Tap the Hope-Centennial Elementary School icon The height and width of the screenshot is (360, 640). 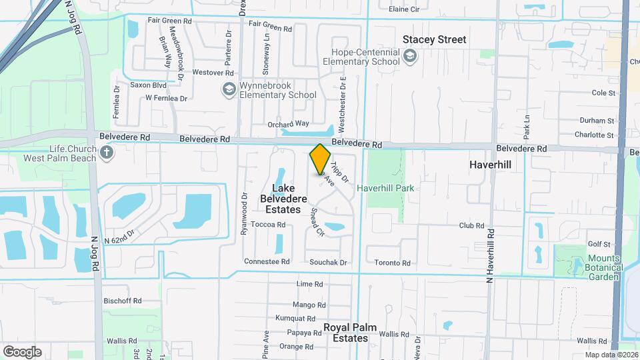pyautogui.click(x=409, y=56)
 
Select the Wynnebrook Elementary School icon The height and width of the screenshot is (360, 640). pyautogui.click(x=229, y=89)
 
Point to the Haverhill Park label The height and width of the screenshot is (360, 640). pyautogui.click(x=385, y=188)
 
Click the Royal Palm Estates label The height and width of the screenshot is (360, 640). pyautogui.click(x=346, y=333)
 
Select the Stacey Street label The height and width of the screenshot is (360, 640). pyautogui.click(x=435, y=40)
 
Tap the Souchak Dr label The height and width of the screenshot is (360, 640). pyautogui.click(x=329, y=263)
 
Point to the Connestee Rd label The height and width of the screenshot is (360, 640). pyautogui.click(x=267, y=262)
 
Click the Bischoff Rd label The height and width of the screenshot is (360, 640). pyautogui.click(x=123, y=301)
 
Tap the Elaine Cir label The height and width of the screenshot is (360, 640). pyautogui.click(x=404, y=9)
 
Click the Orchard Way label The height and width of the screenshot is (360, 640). pyautogui.click(x=288, y=123)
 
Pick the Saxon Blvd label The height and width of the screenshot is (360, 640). pyautogui.click(x=148, y=85)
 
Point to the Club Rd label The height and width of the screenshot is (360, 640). pyautogui.click(x=471, y=226)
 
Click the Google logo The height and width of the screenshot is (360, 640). pyautogui.click(x=22, y=351)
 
